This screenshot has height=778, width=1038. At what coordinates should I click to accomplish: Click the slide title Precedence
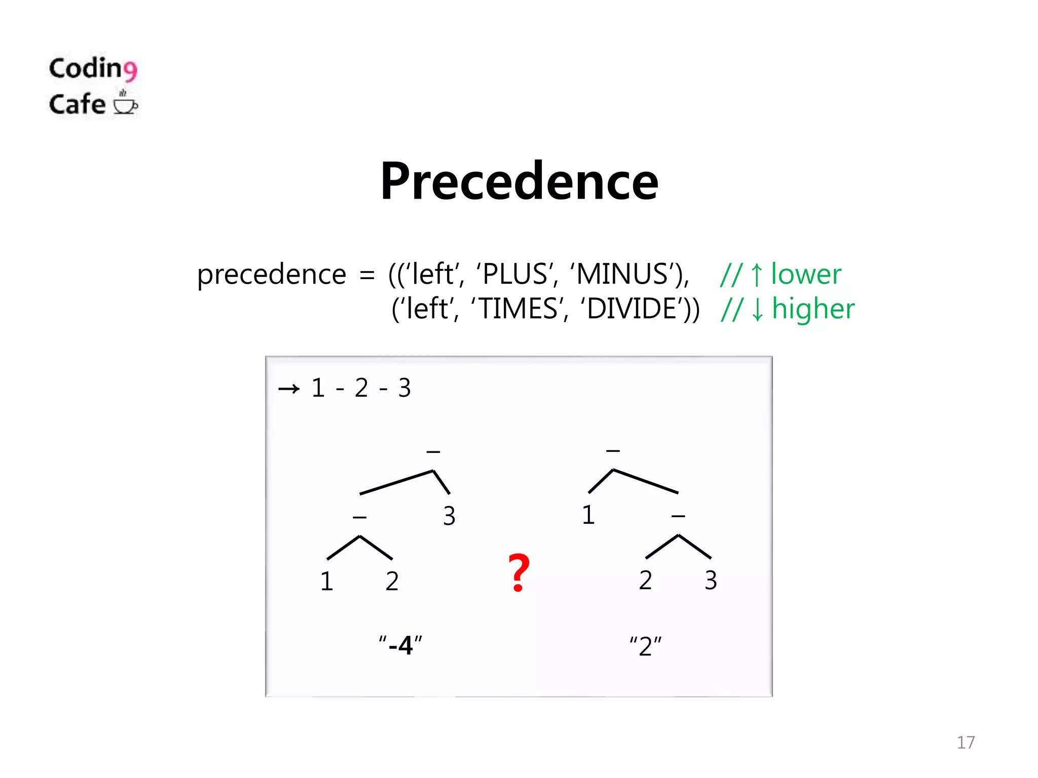click(x=519, y=181)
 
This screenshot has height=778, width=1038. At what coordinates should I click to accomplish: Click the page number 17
click(x=966, y=742)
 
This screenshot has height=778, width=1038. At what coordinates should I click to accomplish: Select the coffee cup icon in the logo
click(x=125, y=103)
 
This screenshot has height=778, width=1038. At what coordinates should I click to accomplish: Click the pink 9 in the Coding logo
click(x=130, y=70)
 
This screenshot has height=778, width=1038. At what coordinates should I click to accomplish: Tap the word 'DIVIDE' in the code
click(x=633, y=308)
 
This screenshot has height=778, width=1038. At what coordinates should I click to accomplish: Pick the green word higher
click(x=813, y=308)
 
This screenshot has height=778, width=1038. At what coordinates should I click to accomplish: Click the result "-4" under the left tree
click(x=400, y=645)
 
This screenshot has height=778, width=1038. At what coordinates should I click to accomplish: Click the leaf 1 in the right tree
click(x=588, y=515)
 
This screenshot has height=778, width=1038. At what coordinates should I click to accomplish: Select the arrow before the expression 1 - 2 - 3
click(x=289, y=389)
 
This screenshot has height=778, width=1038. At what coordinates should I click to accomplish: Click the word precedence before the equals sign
click(x=271, y=275)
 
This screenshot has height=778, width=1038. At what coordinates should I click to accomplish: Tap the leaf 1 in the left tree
click(x=327, y=581)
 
